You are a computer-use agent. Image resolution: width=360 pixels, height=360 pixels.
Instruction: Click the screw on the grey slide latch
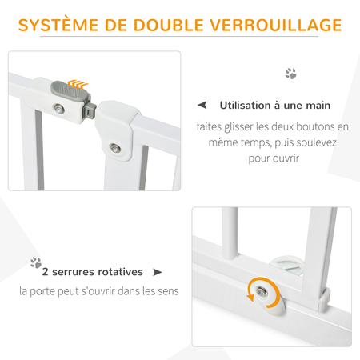59,108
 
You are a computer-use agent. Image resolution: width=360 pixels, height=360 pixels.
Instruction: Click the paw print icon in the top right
290,74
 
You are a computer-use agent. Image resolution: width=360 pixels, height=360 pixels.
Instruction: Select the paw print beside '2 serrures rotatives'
35,262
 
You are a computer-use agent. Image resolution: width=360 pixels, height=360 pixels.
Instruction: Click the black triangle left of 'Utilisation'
202,106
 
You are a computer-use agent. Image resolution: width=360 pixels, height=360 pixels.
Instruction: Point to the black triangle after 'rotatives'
157,272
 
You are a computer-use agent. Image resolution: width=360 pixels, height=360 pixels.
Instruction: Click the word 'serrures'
77,272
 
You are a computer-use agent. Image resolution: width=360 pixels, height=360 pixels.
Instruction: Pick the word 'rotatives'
122,272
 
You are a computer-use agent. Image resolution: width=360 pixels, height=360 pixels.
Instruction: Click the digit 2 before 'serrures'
46,272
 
